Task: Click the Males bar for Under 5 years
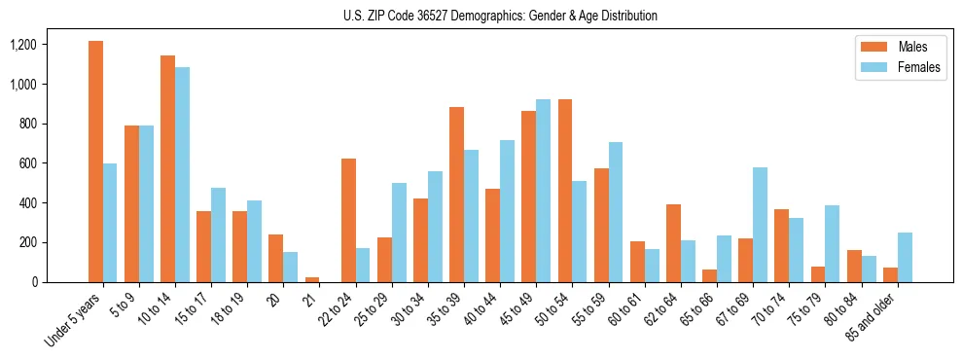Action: click(x=95, y=162)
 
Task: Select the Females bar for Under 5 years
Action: click(x=110, y=223)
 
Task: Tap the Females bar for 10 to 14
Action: click(x=183, y=175)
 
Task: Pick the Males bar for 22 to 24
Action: click(x=348, y=220)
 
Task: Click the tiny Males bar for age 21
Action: click(x=312, y=279)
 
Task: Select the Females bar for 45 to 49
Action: click(x=544, y=191)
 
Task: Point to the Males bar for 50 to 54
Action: click(x=565, y=191)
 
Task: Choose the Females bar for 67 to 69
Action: click(x=760, y=225)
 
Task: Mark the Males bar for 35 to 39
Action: click(x=456, y=195)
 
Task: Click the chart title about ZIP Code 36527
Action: click(x=500, y=16)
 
